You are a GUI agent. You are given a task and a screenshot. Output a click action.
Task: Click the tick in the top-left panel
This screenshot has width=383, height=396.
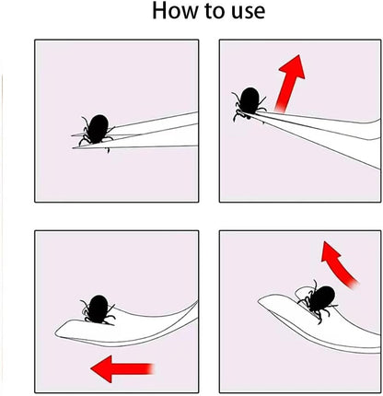coord(95,129)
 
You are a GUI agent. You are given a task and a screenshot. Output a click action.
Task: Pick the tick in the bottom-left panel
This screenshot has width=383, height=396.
coord(97,308)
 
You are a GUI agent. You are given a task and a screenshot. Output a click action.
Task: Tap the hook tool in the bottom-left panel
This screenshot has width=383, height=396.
coord(138,322)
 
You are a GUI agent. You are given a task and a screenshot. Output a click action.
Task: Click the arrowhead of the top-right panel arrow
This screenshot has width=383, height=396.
coord(294,64)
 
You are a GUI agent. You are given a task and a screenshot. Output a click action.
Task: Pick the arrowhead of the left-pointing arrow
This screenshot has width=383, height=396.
coord(100,370)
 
